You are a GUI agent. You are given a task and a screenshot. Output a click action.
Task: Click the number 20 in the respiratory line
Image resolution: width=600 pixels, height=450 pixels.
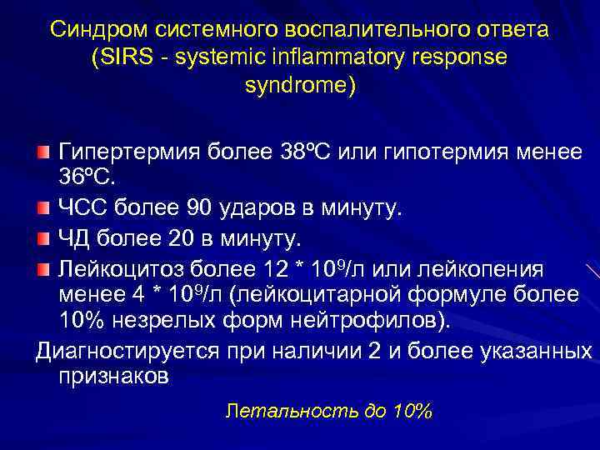(181, 240)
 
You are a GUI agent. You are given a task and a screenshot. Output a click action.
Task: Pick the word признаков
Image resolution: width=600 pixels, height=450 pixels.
(113, 376)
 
